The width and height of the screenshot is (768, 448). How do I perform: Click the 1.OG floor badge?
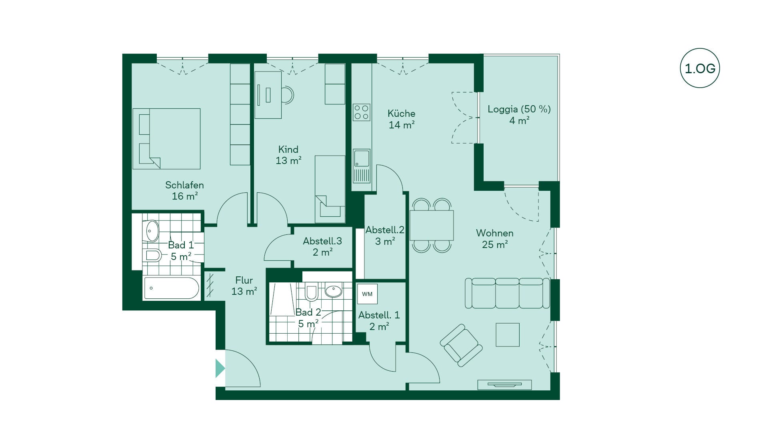700,68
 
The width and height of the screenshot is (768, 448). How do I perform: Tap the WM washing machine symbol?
367,294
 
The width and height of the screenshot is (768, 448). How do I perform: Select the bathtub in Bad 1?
171,288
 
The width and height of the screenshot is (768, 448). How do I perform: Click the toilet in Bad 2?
311,292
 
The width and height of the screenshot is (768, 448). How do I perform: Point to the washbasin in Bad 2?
333,291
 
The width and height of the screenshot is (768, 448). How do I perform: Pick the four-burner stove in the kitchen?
361,112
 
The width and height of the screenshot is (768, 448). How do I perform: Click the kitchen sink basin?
362,158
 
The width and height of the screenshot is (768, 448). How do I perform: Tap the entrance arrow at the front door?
220,368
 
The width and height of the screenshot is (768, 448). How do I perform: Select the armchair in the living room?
461,345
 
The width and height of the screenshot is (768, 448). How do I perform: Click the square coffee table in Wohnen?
508,335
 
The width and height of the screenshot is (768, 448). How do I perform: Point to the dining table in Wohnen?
432,225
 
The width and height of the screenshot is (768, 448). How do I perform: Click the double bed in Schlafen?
166,139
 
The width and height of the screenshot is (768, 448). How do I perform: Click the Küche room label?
402,113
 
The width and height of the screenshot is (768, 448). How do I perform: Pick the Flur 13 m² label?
244,286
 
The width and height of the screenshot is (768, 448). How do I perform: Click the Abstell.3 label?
322,241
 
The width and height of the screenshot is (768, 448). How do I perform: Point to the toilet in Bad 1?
153,255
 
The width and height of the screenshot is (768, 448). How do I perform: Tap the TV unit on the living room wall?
505,385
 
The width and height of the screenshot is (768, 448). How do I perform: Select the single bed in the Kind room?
330,189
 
